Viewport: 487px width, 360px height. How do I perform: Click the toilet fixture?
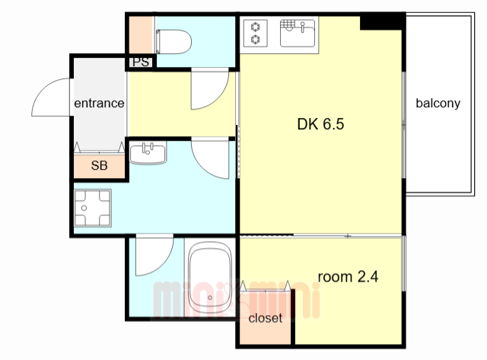click(x=173, y=42)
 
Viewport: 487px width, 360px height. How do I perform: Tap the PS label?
click(x=141, y=62)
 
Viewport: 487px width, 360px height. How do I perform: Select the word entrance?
click(x=99, y=103)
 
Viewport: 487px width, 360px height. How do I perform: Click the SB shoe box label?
click(x=100, y=166)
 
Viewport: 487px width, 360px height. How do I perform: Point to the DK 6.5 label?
click(x=320, y=124)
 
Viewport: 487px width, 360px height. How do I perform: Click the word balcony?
click(x=438, y=103)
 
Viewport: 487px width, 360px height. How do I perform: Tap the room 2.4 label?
click(x=348, y=276)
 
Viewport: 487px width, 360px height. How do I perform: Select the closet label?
click(x=266, y=317)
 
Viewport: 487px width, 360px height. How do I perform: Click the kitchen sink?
click(x=298, y=33)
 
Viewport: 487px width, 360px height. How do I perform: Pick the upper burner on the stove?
click(x=256, y=27)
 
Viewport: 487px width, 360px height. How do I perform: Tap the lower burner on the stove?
click(x=256, y=40)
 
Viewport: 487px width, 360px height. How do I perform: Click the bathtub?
click(x=210, y=278)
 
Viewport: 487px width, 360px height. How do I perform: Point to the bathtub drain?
click(x=210, y=298)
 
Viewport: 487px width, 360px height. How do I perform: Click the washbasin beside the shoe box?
click(x=148, y=153)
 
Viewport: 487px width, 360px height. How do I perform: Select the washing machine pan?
click(x=93, y=208)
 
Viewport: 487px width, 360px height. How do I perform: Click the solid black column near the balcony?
click(x=383, y=22)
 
